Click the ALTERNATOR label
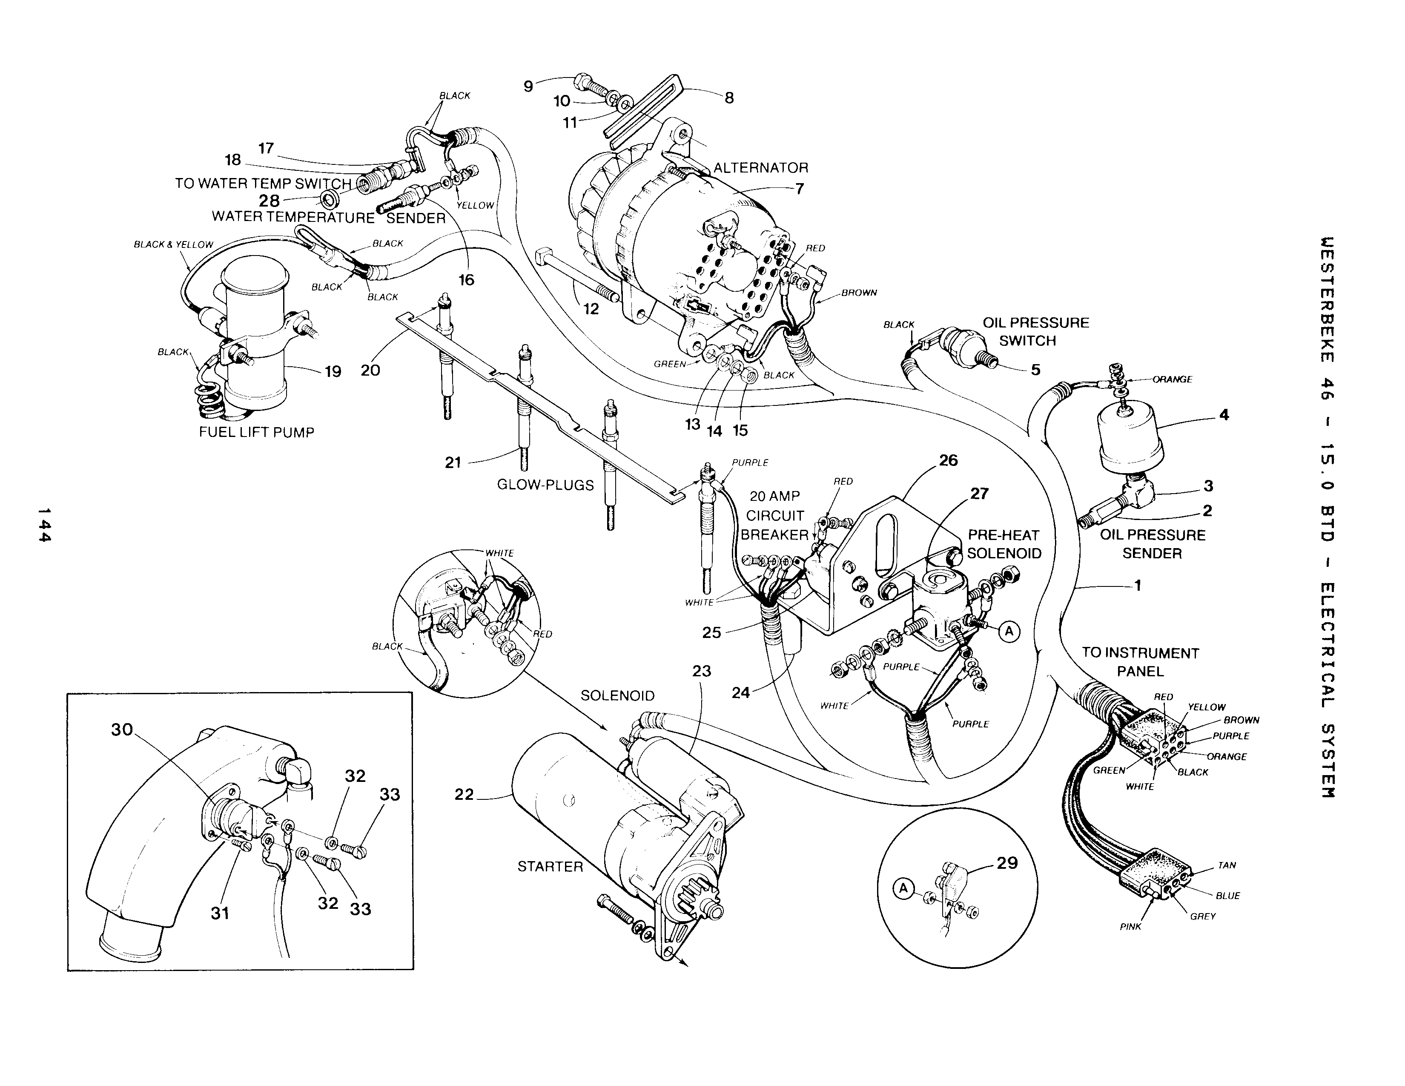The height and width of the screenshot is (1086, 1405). point(760,168)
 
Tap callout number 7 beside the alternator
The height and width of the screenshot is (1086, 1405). point(800,189)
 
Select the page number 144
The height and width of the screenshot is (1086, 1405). point(44,524)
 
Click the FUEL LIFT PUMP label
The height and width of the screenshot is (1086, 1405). point(256,432)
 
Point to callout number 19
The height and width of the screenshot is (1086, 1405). point(333,371)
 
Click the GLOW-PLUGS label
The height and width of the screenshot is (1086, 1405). point(545,485)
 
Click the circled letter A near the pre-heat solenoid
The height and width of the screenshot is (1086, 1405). point(1009,632)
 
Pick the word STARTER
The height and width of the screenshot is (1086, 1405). point(550,867)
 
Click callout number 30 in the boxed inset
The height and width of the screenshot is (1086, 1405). point(122,730)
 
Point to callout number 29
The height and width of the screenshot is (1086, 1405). point(1007,863)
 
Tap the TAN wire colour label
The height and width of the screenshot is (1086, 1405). point(1227,865)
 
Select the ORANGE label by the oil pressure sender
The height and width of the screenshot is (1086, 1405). point(1172,379)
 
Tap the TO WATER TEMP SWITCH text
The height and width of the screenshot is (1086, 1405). point(263,184)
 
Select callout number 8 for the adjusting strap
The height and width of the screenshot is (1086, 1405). point(729,98)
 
